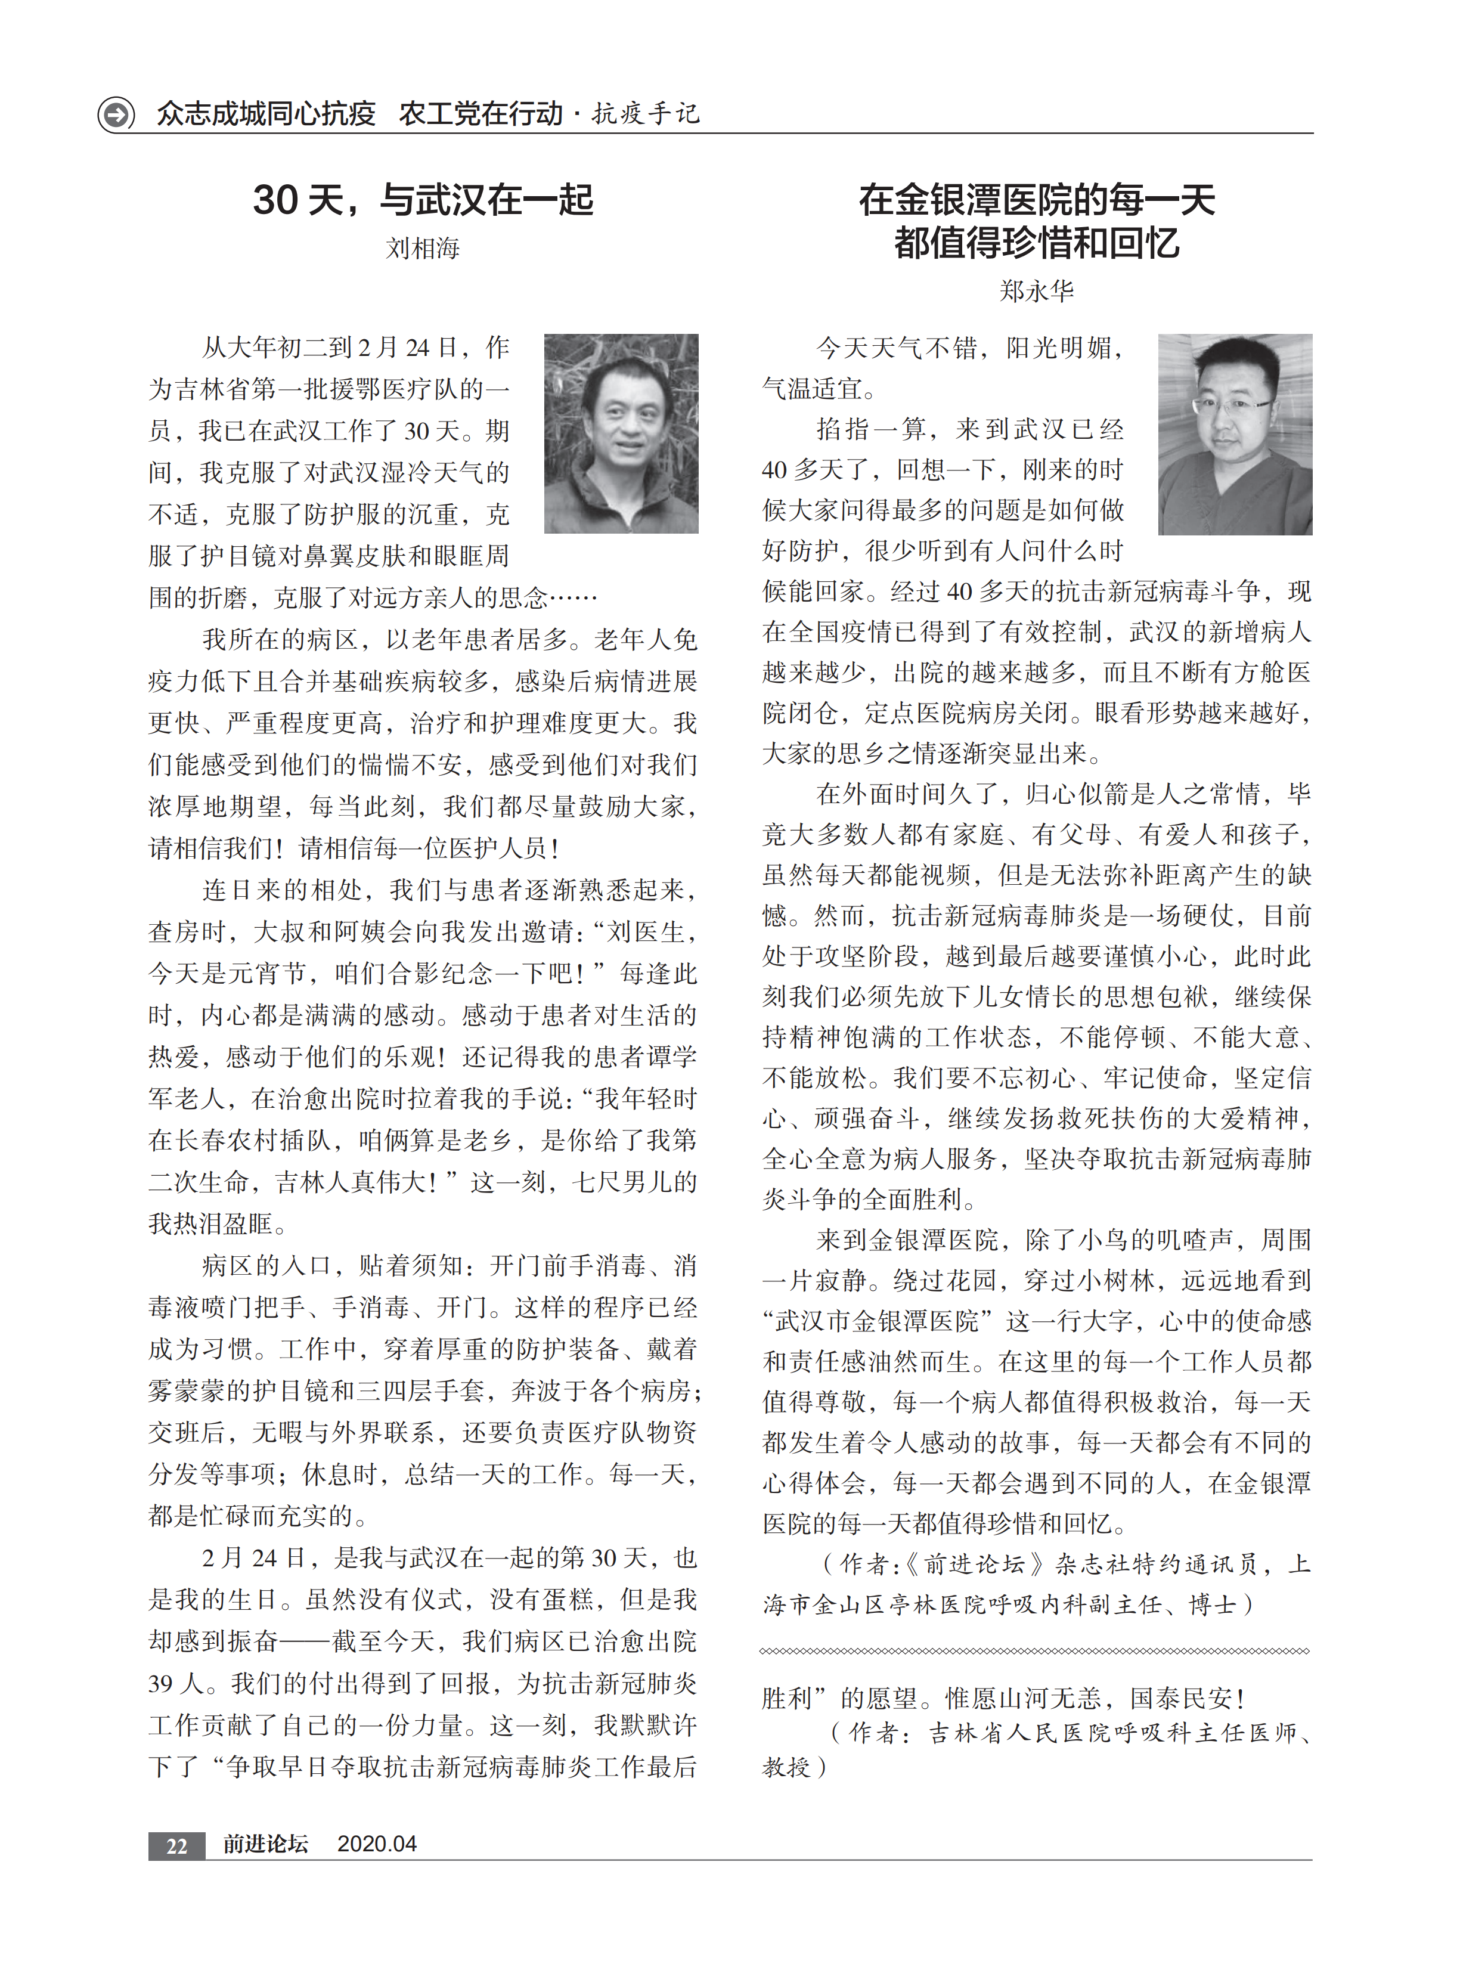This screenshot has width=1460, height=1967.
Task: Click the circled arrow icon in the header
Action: pyautogui.click(x=116, y=114)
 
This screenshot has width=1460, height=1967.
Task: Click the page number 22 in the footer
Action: pyautogui.click(x=176, y=1845)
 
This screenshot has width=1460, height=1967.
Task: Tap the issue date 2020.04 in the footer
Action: pyautogui.click(x=377, y=1844)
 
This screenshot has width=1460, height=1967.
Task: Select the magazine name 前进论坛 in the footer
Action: pyautogui.click(x=265, y=1844)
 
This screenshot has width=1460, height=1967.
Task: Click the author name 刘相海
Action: pyautogui.click(x=423, y=248)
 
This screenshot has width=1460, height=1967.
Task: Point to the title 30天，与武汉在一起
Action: pyautogui.click(x=423, y=200)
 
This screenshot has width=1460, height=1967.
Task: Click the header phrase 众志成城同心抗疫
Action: pyautogui.click(x=266, y=114)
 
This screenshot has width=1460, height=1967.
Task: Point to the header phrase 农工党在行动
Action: pyautogui.click(x=481, y=114)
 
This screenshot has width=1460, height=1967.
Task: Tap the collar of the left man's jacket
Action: pyautogui.click(x=619, y=482)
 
